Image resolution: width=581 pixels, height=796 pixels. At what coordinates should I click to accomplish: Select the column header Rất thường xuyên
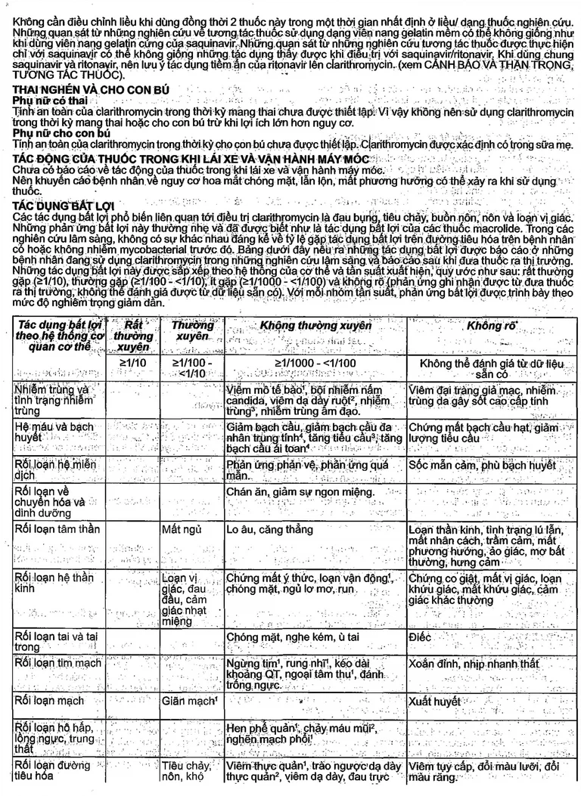point(133,336)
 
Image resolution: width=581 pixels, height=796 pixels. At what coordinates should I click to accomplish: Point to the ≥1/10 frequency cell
point(133,364)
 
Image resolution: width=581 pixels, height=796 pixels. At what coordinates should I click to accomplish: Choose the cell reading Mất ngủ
point(181,528)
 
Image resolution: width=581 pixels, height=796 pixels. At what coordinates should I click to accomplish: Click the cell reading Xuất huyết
point(434,702)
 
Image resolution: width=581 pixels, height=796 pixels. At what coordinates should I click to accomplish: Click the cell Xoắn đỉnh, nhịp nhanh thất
point(474,663)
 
